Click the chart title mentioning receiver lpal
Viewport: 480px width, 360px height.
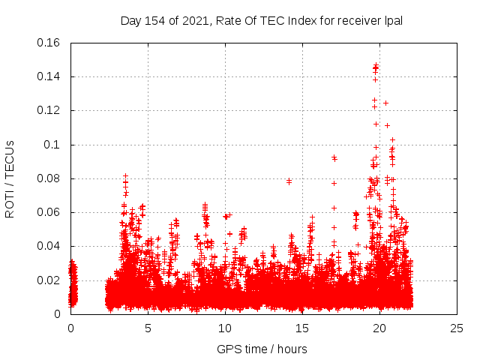click(262, 21)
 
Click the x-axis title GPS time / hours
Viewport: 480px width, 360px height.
click(262, 349)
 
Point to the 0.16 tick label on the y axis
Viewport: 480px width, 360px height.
click(49, 43)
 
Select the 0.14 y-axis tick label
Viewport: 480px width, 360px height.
click(49, 76)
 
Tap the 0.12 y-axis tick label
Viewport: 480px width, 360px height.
click(49, 110)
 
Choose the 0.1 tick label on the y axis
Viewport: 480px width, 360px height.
click(52, 145)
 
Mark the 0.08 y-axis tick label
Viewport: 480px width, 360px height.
click(49, 178)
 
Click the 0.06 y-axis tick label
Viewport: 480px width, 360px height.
click(49, 212)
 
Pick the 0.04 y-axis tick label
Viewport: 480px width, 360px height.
click(49, 246)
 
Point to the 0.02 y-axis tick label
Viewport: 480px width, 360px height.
click(49, 280)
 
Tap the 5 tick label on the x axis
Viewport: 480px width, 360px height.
click(148, 328)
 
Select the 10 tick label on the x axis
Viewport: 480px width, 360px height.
click(225, 328)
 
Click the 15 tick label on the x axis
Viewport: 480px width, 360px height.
click(302, 328)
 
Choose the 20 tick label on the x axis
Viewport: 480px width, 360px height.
click(379, 328)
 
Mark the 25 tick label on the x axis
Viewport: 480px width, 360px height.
click(457, 328)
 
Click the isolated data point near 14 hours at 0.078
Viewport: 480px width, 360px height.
click(289, 181)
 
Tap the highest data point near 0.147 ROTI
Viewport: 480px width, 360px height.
click(376, 65)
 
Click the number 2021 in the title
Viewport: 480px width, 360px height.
click(191, 21)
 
